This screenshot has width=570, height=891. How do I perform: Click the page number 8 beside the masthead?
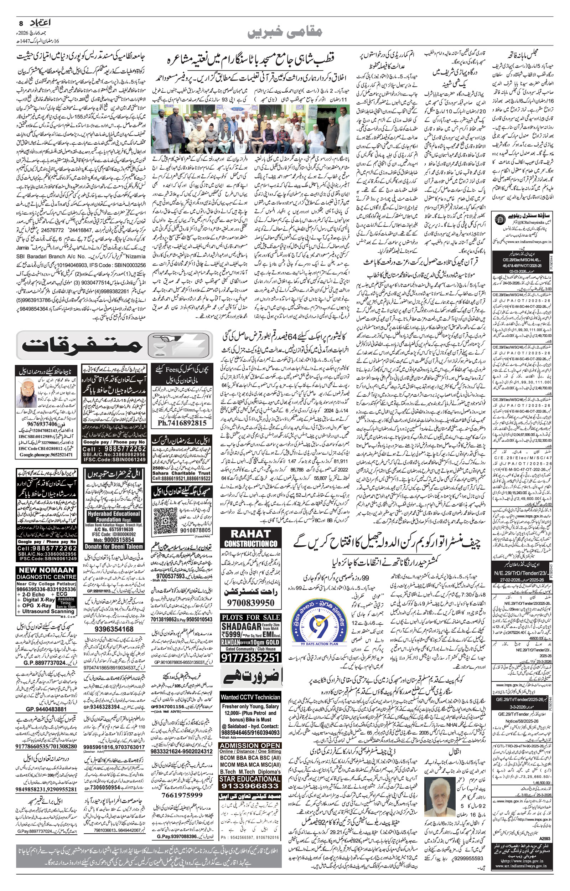[21, 23]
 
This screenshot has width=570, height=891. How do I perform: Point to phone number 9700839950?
[250, 603]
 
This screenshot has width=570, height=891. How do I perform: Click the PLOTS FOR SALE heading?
[250, 617]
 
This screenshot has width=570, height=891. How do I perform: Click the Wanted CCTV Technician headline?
[250, 697]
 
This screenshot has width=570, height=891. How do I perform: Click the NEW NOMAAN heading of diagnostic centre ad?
[47, 571]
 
